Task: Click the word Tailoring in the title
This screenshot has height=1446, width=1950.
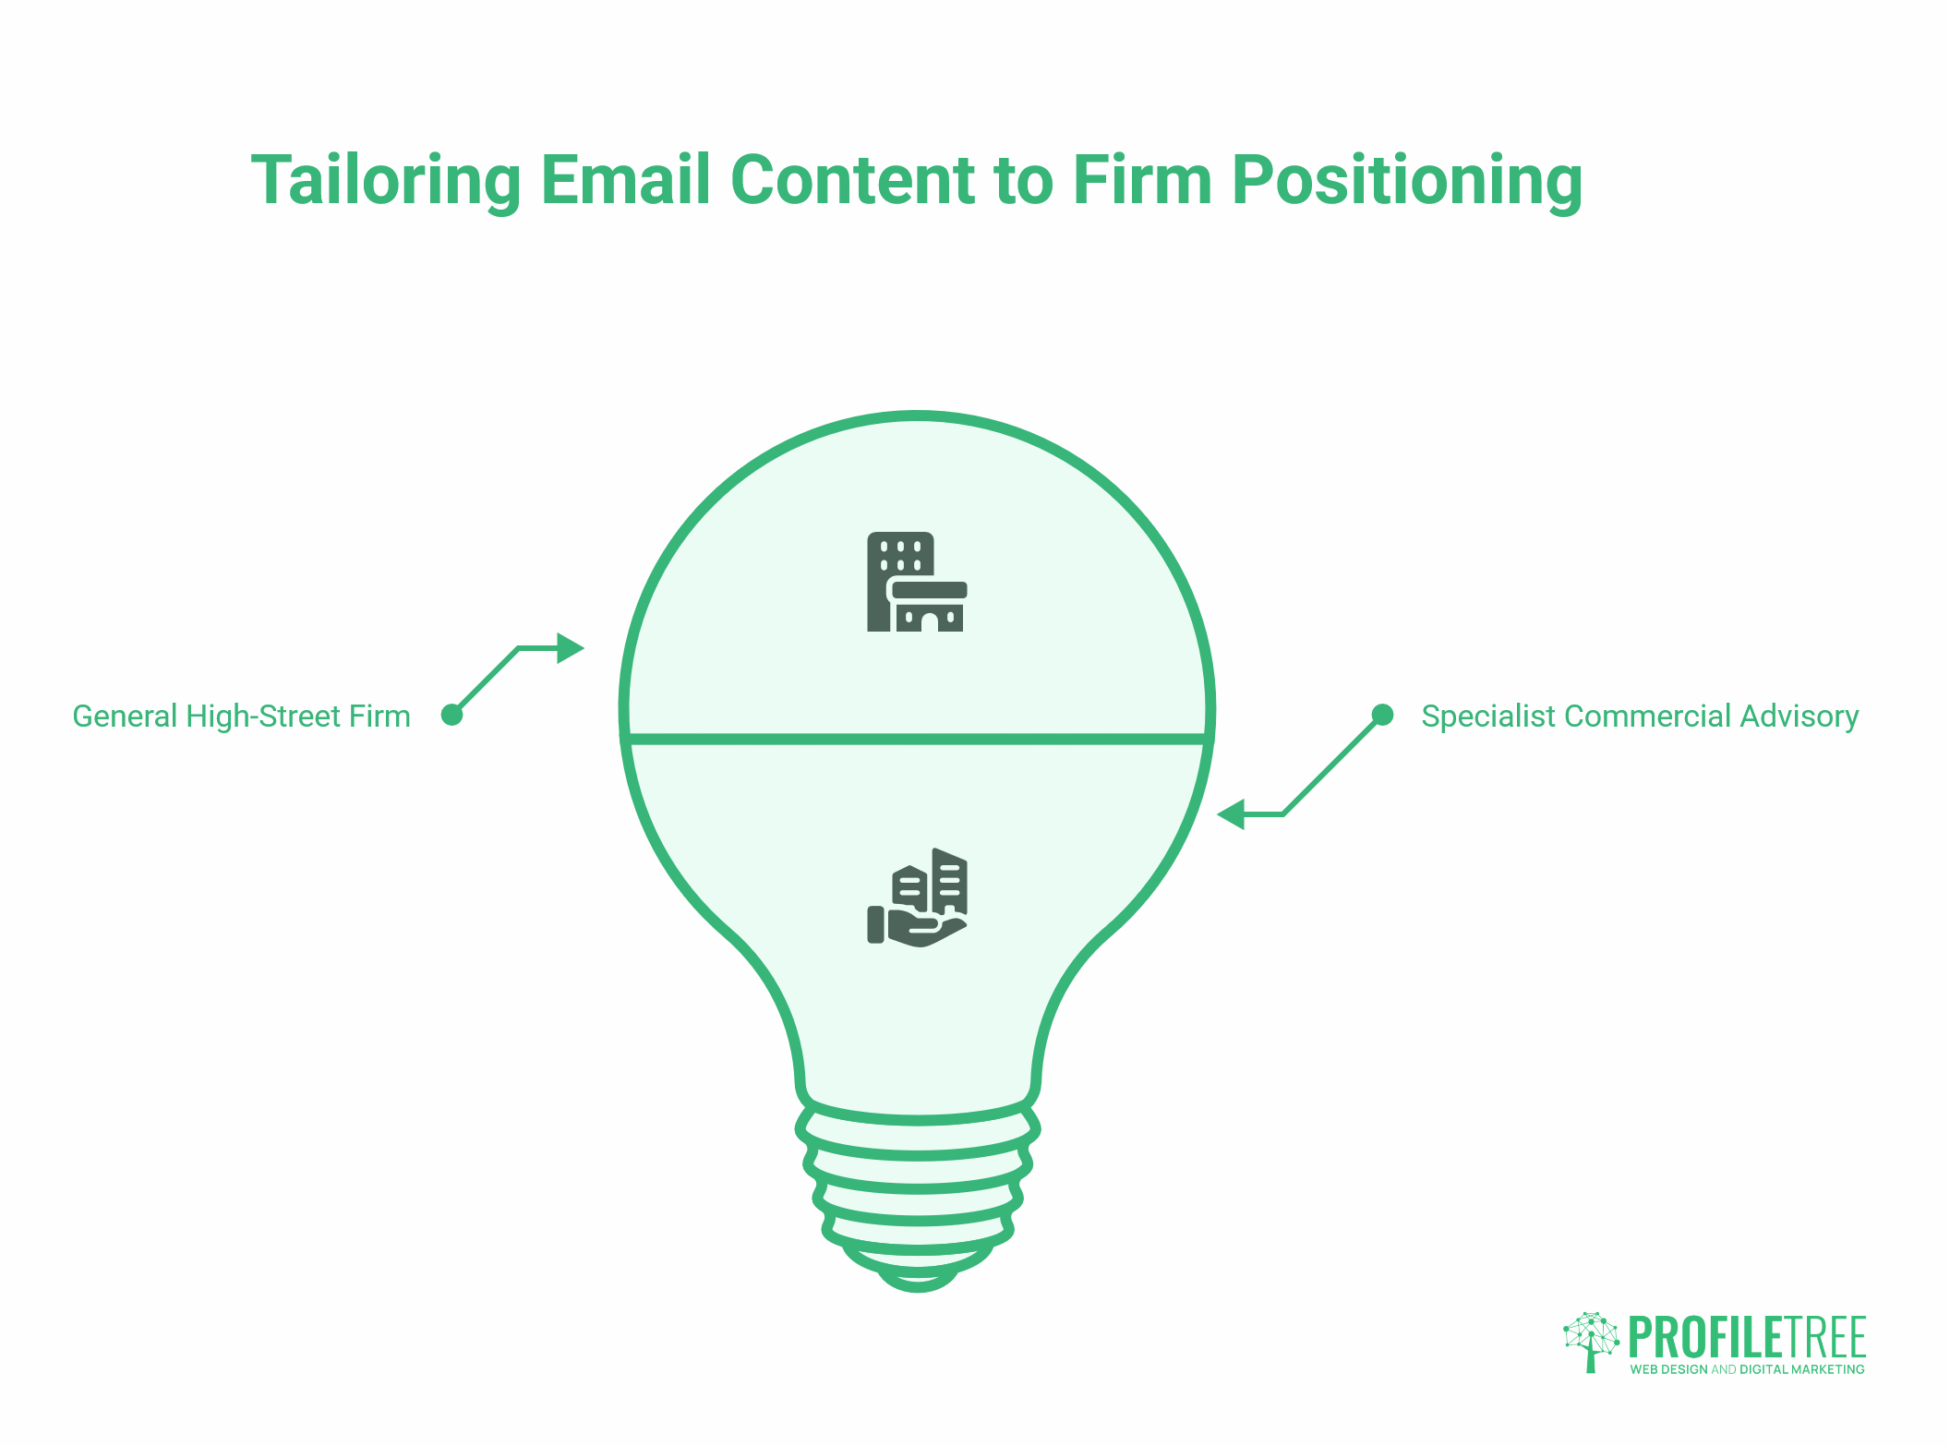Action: point(386,181)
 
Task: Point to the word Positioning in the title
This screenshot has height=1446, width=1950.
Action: point(1407,181)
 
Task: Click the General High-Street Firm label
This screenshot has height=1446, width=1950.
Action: point(241,717)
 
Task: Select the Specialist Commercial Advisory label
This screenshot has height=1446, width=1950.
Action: point(1640,717)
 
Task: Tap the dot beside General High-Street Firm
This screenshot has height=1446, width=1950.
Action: point(451,715)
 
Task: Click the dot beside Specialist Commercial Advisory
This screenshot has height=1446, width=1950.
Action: point(1382,715)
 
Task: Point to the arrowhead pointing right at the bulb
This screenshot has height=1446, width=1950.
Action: point(571,648)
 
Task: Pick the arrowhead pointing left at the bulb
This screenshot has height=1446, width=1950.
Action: point(1232,814)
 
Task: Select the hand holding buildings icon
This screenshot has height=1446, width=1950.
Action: point(917,898)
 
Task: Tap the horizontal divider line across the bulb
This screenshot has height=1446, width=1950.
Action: point(917,739)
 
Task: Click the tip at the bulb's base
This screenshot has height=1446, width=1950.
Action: point(918,1280)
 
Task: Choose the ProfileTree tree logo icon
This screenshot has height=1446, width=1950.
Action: point(1591,1341)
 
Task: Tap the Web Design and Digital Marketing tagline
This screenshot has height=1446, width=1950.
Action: point(1747,1369)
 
